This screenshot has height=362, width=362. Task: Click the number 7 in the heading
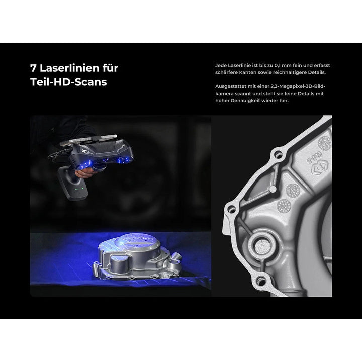click(33, 68)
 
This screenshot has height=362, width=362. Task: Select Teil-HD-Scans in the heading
click(68, 82)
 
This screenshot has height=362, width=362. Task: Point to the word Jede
click(221, 65)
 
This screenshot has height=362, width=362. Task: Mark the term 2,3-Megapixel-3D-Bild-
click(298, 86)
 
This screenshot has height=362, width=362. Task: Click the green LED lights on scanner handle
click(78, 189)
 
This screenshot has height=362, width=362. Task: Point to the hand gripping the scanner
click(86, 172)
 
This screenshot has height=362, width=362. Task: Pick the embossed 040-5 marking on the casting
click(314, 157)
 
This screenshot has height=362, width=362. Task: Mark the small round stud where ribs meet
click(273, 190)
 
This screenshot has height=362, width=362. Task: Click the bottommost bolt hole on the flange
click(261, 282)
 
